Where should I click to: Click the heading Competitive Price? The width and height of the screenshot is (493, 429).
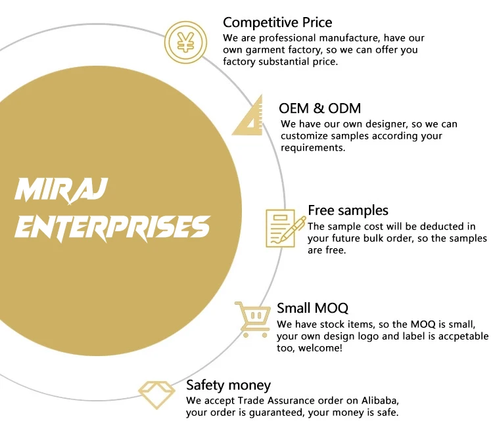tap(277, 23)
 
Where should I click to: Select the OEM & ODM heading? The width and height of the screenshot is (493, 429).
tap(320, 108)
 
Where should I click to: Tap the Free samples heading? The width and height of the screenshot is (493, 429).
tap(348, 210)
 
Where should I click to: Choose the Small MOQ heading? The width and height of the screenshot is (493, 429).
tap(312, 308)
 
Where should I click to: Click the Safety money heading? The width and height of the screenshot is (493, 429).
tap(228, 385)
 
